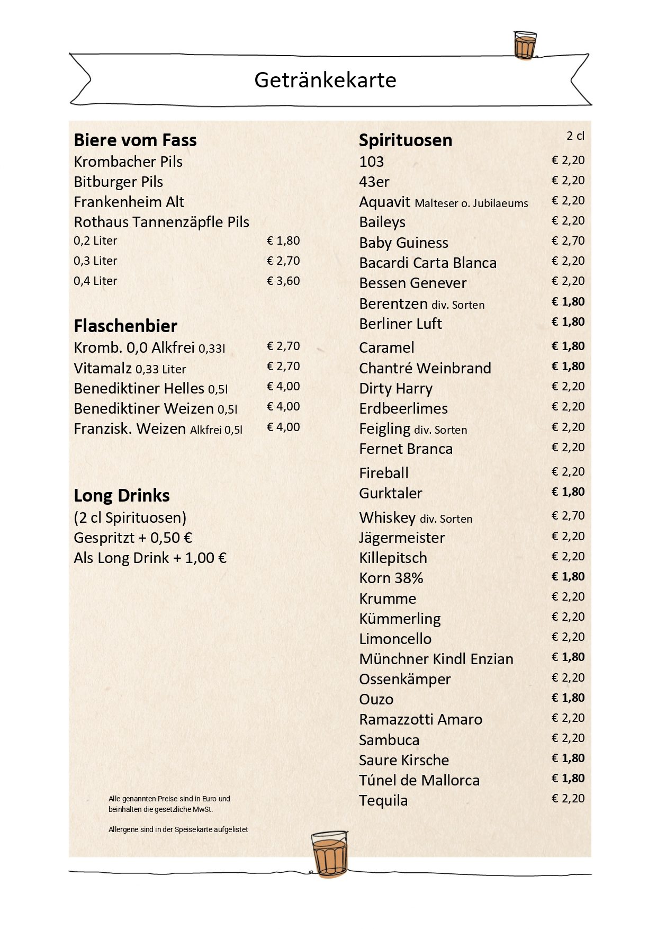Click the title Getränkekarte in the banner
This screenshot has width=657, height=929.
pyautogui.click(x=325, y=81)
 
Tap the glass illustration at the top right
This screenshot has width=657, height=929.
pyautogui.click(x=525, y=45)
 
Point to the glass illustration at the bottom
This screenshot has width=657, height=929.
pyautogui.click(x=329, y=853)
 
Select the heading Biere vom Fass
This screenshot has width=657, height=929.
pyautogui.click(x=135, y=140)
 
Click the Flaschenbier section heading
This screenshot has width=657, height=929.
pyautogui.click(x=125, y=326)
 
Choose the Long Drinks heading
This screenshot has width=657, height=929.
pyautogui.click(x=122, y=496)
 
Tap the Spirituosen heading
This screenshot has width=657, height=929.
pyautogui.click(x=406, y=140)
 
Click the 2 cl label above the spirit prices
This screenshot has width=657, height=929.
pyautogui.click(x=575, y=136)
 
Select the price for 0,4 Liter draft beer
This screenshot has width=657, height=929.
pyautogui.click(x=283, y=281)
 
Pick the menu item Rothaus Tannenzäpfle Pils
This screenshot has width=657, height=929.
pyautogui.click(x=161, y=222)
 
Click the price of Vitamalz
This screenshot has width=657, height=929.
pyautogui.click(x=283, y=367)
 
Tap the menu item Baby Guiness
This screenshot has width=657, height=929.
pyautogui.click(x=403, y=243)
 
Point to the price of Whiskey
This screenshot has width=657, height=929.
pyautogui.click(x=568, y=516)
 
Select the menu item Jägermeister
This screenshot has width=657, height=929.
pyautogui.click(x=402, y=538)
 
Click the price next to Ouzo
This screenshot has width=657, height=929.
pyautogui.click(x=568, y=698)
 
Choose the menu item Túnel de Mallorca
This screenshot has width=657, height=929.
pyautogui.click(x=419, y=781)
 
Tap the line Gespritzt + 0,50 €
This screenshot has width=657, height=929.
pyautogui.click(x=133, y=538)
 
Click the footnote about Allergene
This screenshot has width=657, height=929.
pyautogui.click(x=178, y=830)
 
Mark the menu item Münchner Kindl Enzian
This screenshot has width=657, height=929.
pyautogui.click(x=436, y=659)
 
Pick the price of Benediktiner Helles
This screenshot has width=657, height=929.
pyautogui.click(x=283, y=387)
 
